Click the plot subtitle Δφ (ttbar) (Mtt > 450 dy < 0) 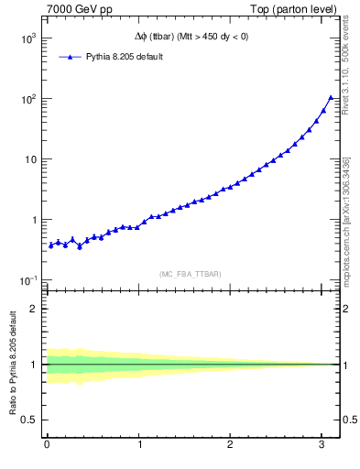click(x=191, y=37)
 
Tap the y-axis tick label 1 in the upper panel click(x=35, y=220)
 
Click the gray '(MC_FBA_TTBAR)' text click(x=191, y=274)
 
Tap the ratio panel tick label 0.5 click(x=31, y=420)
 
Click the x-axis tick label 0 click(x=47, y=444)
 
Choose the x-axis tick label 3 click(x=322, y=444)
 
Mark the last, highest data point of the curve click(x=331, y=97)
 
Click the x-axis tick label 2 click(x=231, y=444)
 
